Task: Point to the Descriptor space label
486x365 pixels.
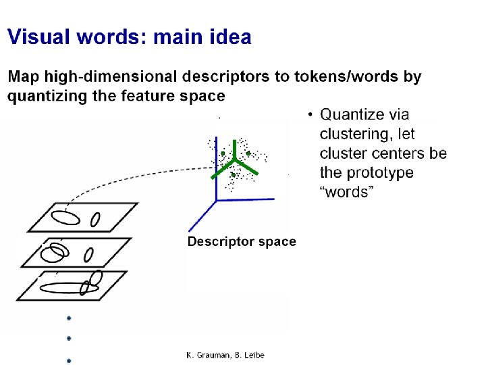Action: (x=241, y=241)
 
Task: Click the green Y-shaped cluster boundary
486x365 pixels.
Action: (x=234, y=162)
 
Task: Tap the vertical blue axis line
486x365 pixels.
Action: (x=216, y=169)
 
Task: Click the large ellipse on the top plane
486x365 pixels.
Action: (x=65, y=218)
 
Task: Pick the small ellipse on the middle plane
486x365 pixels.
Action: (x=88, y=255)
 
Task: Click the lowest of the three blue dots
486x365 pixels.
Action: (x=68, y=360)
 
